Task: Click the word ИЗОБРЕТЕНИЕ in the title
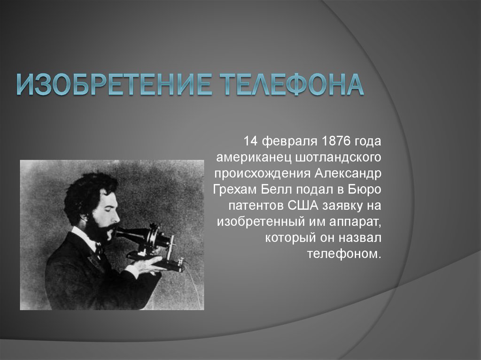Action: (114, 84)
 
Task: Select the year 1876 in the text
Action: (336, 141)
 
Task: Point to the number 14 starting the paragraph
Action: (250, 141)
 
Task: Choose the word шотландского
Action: (338, 158)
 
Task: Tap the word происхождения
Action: (263, 174)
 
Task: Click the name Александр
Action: (348, 174)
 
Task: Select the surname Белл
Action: (277, 190)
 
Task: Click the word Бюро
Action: (365, 190)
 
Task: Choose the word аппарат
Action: (356, 222)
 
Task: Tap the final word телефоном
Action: (344, 253)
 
